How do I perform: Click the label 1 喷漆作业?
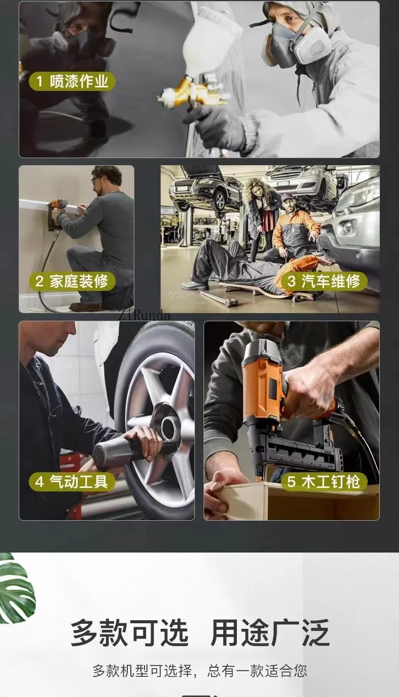(x=72, y=81)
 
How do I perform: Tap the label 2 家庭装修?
(x=72, y=281)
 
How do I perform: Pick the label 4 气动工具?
(x=72, y=482)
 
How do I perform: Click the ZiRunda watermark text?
(x=144, y=316)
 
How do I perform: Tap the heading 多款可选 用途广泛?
(x=199, y=632)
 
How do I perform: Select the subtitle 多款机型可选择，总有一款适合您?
(x=199, y=671)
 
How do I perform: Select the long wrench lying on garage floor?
(x=219, y=298)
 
